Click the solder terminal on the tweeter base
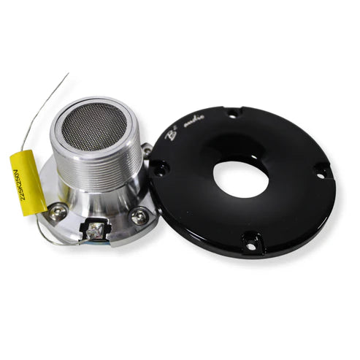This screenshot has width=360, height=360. coord(95,232)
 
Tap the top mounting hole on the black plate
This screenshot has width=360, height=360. coord(233,113)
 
